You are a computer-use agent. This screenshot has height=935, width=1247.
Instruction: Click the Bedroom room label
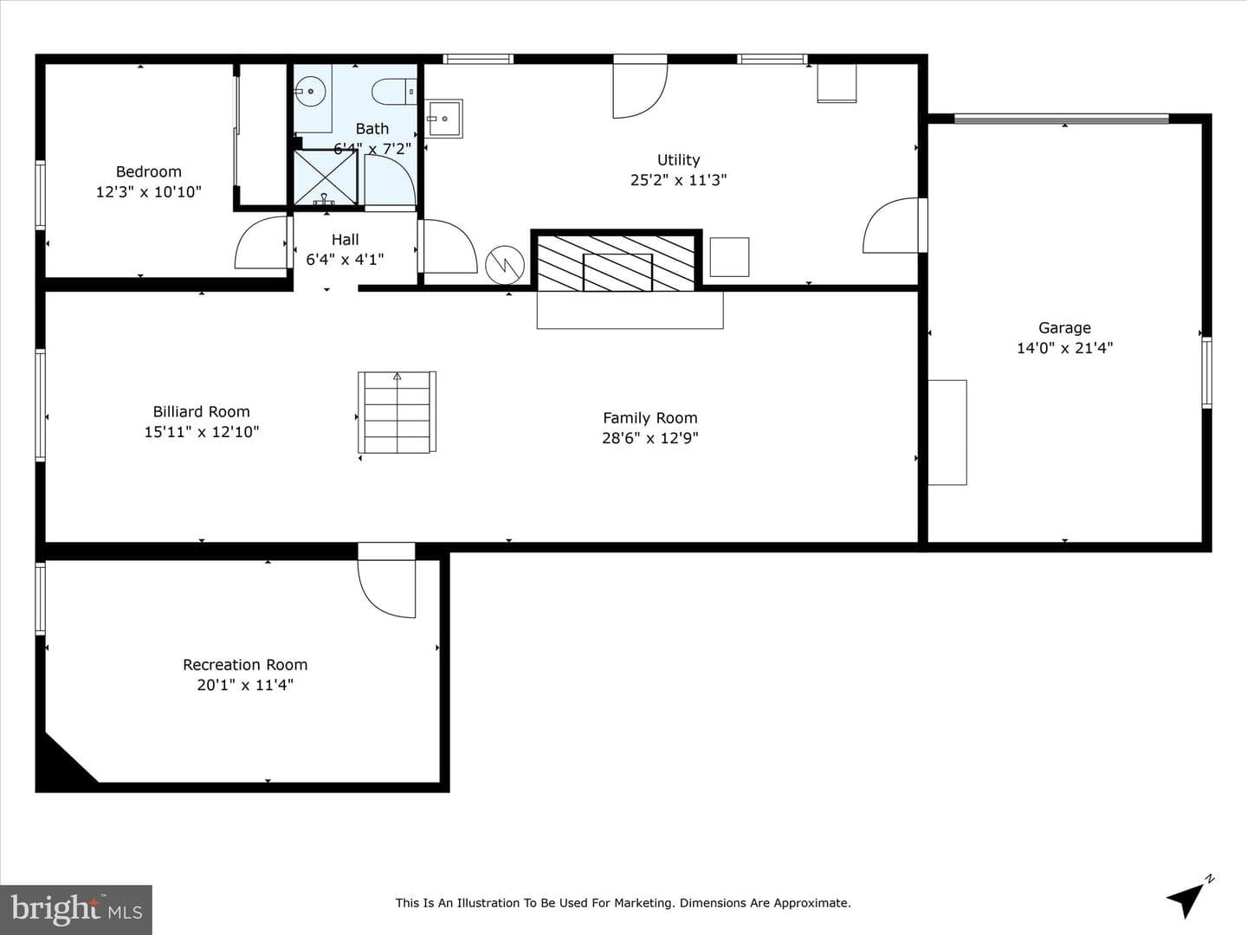(x=149, y=171)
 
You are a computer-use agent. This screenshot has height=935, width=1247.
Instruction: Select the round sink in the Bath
(x=310, y=92)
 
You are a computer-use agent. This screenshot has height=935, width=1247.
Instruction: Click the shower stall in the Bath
(x=325, y=177)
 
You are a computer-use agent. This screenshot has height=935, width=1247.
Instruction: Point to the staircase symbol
(x=397, y=412)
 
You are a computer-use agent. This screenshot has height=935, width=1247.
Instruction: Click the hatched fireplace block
(x=617, y=263)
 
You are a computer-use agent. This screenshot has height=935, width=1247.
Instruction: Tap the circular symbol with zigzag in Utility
(x=505, y=265)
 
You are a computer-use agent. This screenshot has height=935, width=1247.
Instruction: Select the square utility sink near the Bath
(x=445, y=119)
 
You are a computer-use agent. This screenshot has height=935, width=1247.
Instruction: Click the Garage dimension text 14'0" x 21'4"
(x=1064, y=347)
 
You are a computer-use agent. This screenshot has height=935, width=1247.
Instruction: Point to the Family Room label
(x=650, y=418)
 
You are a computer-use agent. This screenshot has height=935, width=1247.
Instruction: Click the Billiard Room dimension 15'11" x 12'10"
(x=202, y=431)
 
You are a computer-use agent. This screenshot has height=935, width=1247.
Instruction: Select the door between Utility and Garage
(x=895, y=225)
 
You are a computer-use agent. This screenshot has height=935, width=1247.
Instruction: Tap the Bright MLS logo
(x=76, y=909)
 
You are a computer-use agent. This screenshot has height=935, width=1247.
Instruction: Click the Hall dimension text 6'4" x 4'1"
(x=345, y=260)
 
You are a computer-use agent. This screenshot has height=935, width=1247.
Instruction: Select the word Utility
(x=678, y=159)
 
